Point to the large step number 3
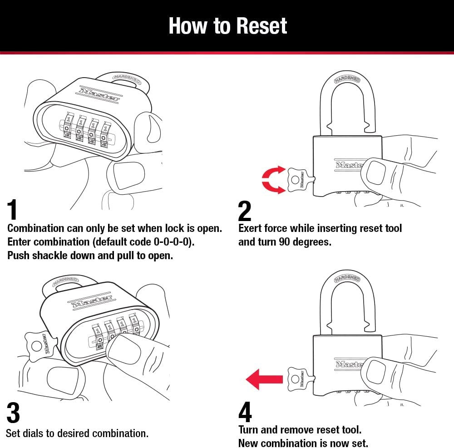click(13, 413)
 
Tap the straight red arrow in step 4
click(263, 379)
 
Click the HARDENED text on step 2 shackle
click(347, 79)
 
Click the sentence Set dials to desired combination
click(77, 433)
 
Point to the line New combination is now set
click(303, 443)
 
